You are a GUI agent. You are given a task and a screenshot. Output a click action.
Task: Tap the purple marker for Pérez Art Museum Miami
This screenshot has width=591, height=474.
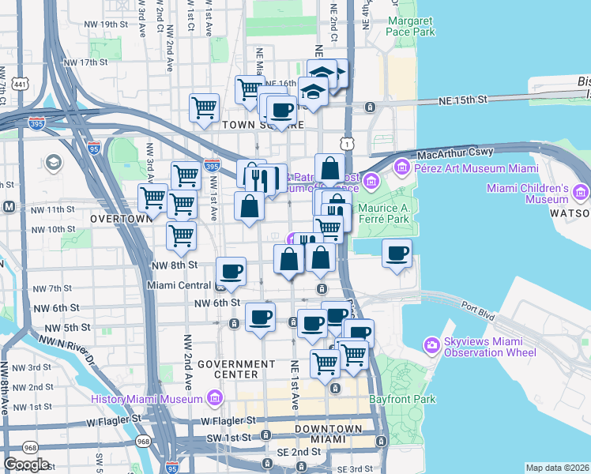(x=401, y=167)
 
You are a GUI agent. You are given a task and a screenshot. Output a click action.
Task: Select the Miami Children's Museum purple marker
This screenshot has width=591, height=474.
(x=582, y=192)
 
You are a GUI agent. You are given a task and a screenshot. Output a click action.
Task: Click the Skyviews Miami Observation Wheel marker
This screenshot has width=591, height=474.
(x=431, y=345)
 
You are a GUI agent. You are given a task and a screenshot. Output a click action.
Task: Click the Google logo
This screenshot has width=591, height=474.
(x=26, y=465)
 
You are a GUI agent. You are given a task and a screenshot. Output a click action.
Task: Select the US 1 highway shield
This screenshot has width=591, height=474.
(x=346, y=142)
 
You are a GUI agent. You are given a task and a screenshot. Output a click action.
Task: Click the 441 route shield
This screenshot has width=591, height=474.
(x=19, y=83)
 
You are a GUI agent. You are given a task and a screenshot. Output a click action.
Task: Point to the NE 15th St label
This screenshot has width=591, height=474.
(x=465, y=100)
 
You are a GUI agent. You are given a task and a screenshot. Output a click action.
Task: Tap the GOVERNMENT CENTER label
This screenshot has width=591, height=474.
(x=239, y=368)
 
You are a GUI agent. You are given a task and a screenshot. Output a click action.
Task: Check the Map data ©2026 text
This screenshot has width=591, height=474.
(x=557, y=468)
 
